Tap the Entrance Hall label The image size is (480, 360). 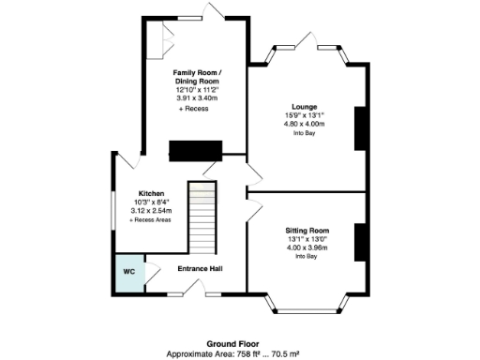[x=200, y=268]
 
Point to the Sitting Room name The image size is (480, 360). [x=307, y=230]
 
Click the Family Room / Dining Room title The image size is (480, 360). [x=196, y=77]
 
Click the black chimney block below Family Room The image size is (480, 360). [x=194, y=151]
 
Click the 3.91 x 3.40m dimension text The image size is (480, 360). [x=196, y=97]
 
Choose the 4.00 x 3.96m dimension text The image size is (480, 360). [x=307, y=247]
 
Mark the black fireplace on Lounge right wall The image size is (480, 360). [x=358, y=128]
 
